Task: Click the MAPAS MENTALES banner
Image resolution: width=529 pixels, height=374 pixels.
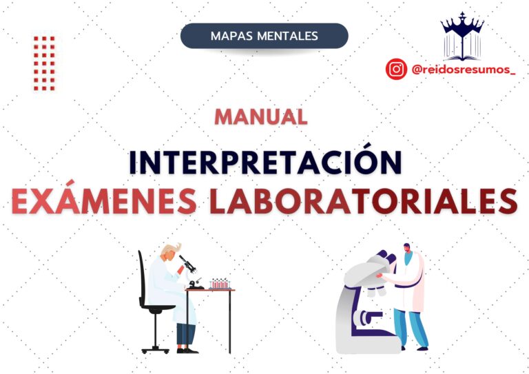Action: click(x=264, y=36)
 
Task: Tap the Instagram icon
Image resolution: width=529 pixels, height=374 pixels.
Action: click(x=396, y=69)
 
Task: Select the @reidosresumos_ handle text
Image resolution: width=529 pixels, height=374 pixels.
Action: click(x=464, y=70)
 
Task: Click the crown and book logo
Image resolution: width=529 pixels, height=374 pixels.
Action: click(x=462, y=36)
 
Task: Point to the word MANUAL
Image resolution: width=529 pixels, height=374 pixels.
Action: click(x=261, y=117)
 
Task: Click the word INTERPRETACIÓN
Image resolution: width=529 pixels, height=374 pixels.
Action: click(x=265, y=160)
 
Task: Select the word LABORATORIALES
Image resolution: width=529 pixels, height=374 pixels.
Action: click(x=364, y=202)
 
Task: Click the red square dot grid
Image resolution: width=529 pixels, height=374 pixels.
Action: click(x=44, y=63)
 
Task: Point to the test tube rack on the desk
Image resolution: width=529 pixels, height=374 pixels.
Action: click(x=219, y=284)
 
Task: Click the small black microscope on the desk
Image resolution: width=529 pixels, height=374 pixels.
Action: click(x=191, y=272)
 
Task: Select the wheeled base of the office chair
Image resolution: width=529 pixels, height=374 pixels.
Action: click(x=156, y=349)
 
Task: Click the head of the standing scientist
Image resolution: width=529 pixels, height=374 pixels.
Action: click(x=407, y=249)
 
